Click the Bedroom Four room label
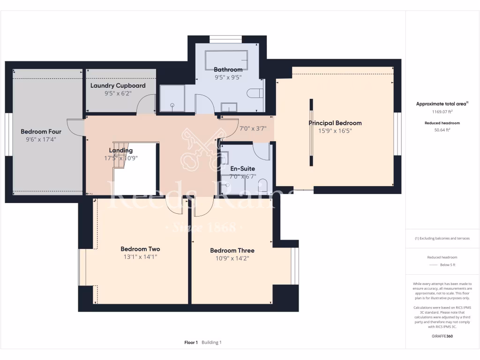(41, 132)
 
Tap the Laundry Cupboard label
(118, 86)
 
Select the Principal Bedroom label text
(335, 123)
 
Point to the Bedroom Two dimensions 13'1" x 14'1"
(140, 257)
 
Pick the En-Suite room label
(242, 169)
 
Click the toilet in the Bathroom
(256, 93)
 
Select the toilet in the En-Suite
(263, 186)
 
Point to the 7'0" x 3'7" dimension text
(253, 128)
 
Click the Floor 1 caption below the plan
(191, 343)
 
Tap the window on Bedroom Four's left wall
(8, 134)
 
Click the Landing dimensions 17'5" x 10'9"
(121, 158)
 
